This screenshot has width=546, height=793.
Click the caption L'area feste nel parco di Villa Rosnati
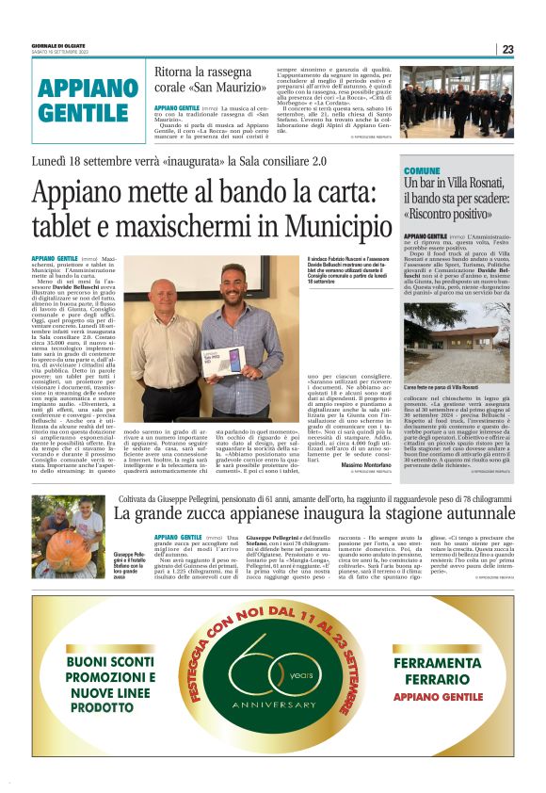[441, 386]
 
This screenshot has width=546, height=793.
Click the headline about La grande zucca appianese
[314, 513]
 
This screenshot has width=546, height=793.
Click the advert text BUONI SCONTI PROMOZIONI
[104, 674]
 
